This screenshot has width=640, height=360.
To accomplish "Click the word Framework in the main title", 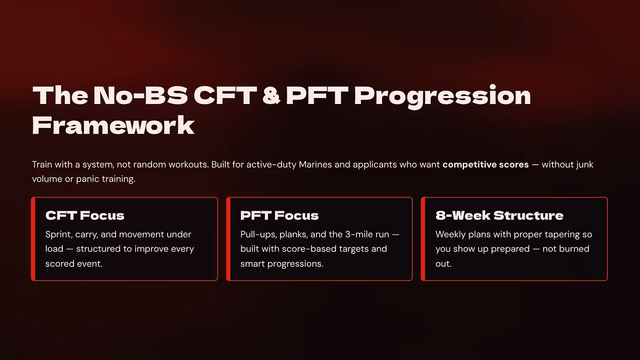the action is coord(114,126).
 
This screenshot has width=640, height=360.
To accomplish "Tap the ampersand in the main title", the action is coord(271,95).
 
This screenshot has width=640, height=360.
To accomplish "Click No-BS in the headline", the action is coord(140,95).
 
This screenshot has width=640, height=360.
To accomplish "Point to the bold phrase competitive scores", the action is coord(486,165).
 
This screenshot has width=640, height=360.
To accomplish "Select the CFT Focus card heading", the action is coord(85,216).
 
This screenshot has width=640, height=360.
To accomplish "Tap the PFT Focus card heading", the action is coord(280,216).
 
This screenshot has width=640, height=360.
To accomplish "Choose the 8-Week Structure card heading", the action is coord(500,216).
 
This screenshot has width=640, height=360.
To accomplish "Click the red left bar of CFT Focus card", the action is coord(33,239).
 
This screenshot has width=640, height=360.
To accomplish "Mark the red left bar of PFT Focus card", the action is coord(228,239).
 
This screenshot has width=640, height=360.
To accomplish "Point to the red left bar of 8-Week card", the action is coord(423,239).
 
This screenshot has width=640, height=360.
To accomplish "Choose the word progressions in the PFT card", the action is coord(295,264).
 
